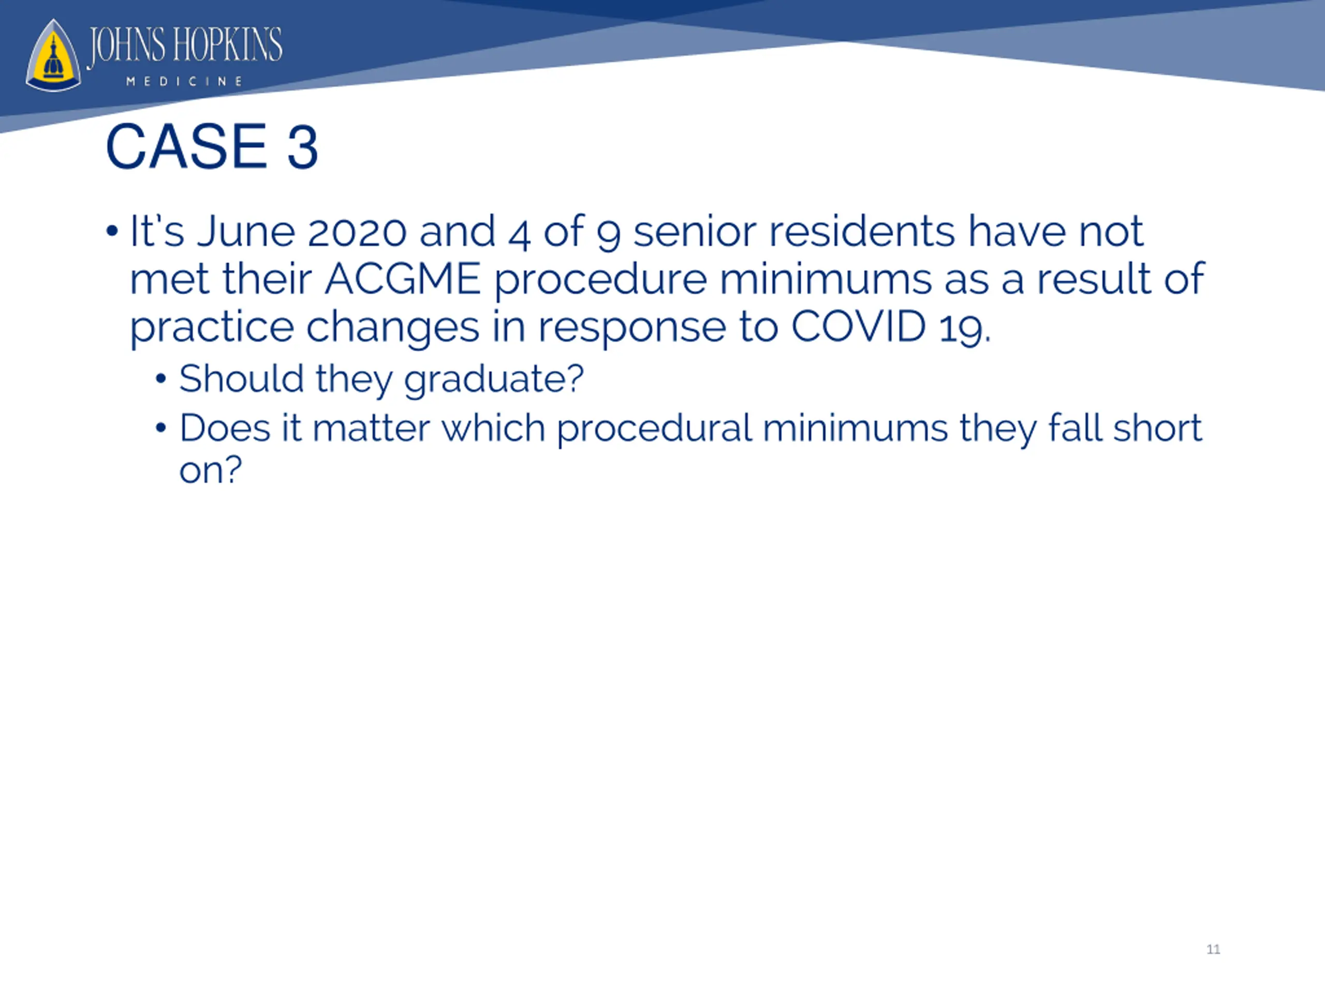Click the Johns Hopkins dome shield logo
tap(53, 56)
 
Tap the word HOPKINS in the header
tap(228, 45)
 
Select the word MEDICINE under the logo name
tap(184, 81)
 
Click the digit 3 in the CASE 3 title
tap(302, 147)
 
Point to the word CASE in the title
tap(186, 147)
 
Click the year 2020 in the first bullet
tap(357, 231)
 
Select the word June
tap(246, 231)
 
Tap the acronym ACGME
tap(403, 279)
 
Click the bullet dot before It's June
tap(111, 231)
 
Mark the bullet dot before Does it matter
tap(160, 428)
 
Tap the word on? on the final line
tap(210, 470)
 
